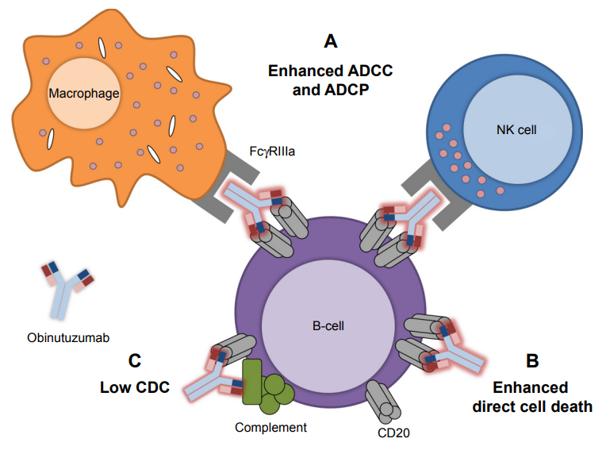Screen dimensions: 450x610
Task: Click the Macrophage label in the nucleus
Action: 83,94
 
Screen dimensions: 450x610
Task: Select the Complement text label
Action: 270,428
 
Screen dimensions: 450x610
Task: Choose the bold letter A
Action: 331,41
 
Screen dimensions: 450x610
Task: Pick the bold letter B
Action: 532,361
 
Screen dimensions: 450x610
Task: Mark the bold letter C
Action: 134,361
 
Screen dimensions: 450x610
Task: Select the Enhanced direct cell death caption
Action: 531,397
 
